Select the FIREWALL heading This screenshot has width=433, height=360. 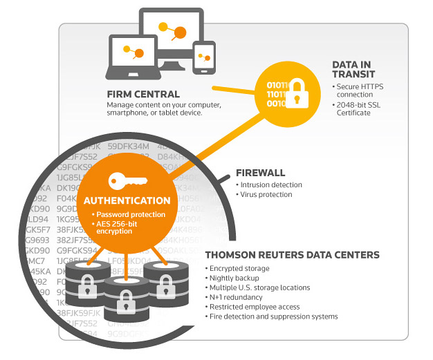click(x=260, y=173)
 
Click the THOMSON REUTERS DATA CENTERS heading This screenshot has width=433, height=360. click(x=293, y=255)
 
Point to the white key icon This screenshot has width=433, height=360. click(x=127, y=181)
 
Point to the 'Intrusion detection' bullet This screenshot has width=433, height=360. click(x=271, y=185)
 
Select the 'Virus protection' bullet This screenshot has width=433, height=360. click(x=267, y=195)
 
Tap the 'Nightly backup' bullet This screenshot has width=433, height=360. click(x=233, y=278)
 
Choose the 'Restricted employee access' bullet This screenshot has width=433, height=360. click(x=255, y=307)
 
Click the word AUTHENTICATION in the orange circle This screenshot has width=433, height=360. click(x=127, y=201)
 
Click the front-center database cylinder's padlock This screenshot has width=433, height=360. click(x=125, y=301)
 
